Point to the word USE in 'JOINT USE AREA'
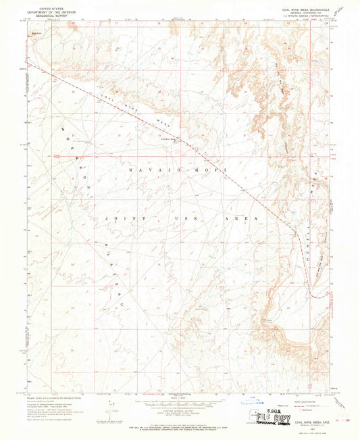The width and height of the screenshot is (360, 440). [199, 220]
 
